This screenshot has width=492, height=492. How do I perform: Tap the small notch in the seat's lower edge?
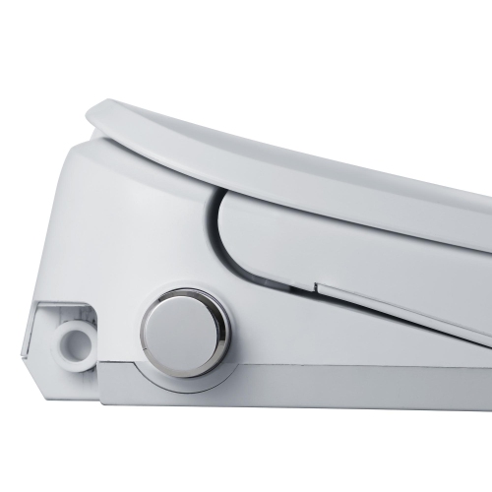[x=316, y=288]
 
